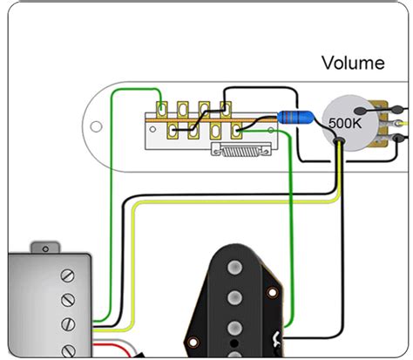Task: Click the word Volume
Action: click(353, 63)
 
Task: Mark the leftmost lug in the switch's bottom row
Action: click(174, 132)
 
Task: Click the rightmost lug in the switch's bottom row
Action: click(238, 132)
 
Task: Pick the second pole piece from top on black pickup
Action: click(234, 299)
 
